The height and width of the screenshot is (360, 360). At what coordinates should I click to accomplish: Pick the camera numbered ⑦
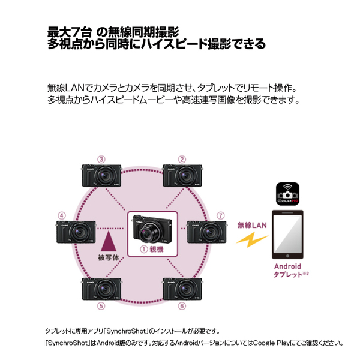(207, 232)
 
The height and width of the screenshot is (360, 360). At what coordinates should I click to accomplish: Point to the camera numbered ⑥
(182, 289)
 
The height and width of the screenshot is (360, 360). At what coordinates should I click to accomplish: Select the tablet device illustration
(287, 234)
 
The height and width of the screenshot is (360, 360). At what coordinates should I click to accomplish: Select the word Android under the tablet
(286, 266)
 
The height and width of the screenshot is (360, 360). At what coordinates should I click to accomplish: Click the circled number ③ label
(101, 159)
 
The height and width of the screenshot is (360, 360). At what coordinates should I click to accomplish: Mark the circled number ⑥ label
(182, 306)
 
